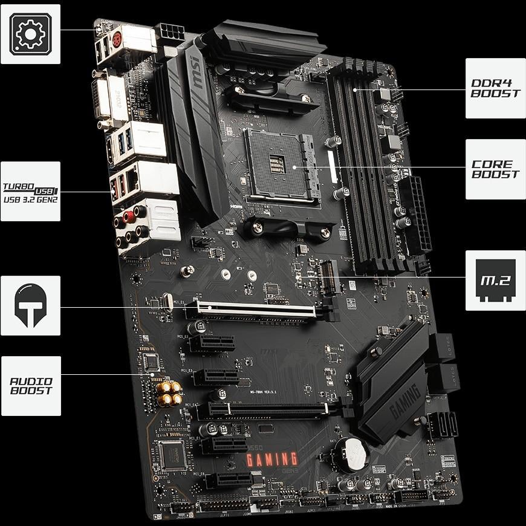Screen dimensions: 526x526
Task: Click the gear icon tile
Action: pyautogui.click(x=30, y=34)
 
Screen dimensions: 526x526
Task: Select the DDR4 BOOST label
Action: pyautogui.click(x=495, y=88)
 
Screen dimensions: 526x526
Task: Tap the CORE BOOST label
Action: pyautogui.click(x=495, y=169)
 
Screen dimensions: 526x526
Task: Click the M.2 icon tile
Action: pyautogui.click(x=495, y=280)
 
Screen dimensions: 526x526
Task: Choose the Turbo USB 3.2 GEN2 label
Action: pyautogui.click(x=30, y=191)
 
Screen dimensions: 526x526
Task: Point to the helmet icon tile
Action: pyautogui.click(x=30, y=306)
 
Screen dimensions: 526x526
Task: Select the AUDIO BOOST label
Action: pyautogui.click(x=31, y=386)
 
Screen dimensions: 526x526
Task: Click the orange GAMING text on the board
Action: pyautogui.click(x=271, y=460)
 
